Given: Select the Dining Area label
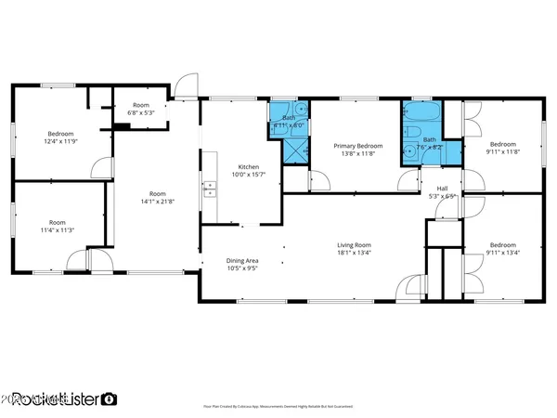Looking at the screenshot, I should point(242,261).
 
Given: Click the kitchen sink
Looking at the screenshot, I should point(212,189).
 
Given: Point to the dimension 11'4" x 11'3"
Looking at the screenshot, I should point(58,229).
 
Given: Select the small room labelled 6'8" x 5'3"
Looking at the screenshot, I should point(140,109).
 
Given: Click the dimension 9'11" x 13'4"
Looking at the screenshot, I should point(502,252).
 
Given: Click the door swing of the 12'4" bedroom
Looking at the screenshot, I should point(98,167).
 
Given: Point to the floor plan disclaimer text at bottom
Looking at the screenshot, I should point(278,406).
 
